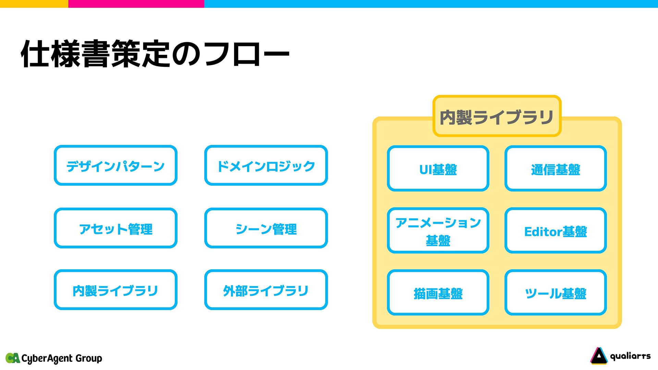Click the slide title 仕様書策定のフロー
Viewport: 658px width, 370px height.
pyautogui.click(x=155, y=54)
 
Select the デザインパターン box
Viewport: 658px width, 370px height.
pyautogui.click(x=115, y=165)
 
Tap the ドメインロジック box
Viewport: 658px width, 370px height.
pyautogui.click(x=266, y=165)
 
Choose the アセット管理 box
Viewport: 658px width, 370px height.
pyautogui.click(x=115, y=228)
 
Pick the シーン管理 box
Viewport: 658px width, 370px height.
pyautogui.click(x=266, y=228)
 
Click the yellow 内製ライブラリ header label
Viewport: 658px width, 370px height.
pyautogui.click(x=497, y=116)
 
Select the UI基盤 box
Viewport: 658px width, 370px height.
pyautogui.click(x=438, y=169)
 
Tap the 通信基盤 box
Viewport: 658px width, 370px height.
pyautogui.click(x=556, y=169)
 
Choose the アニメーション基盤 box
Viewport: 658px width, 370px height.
pyautogui.click(x=438, y=231)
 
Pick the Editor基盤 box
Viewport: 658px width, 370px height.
pyautogui.click(x=556, y=231)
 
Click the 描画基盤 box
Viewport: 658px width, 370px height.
pyautogui.click(x=438, y=293)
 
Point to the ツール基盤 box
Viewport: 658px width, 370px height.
pyautogui.click(x=556, y=293)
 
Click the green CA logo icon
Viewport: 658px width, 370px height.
pyautogui.click(x=13, y=358)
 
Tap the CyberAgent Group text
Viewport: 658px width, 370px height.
pyautogui.click(x=62, y=358)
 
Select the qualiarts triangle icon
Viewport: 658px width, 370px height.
pyautogui.click(x=598, y=356)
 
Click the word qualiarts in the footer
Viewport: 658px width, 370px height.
pyautogui.click(x=630, y=356)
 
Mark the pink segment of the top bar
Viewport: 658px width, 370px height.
pyautogui.click(x=136, y=3)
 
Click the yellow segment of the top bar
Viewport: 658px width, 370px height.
pyautogui.click(x=34, y=3)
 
